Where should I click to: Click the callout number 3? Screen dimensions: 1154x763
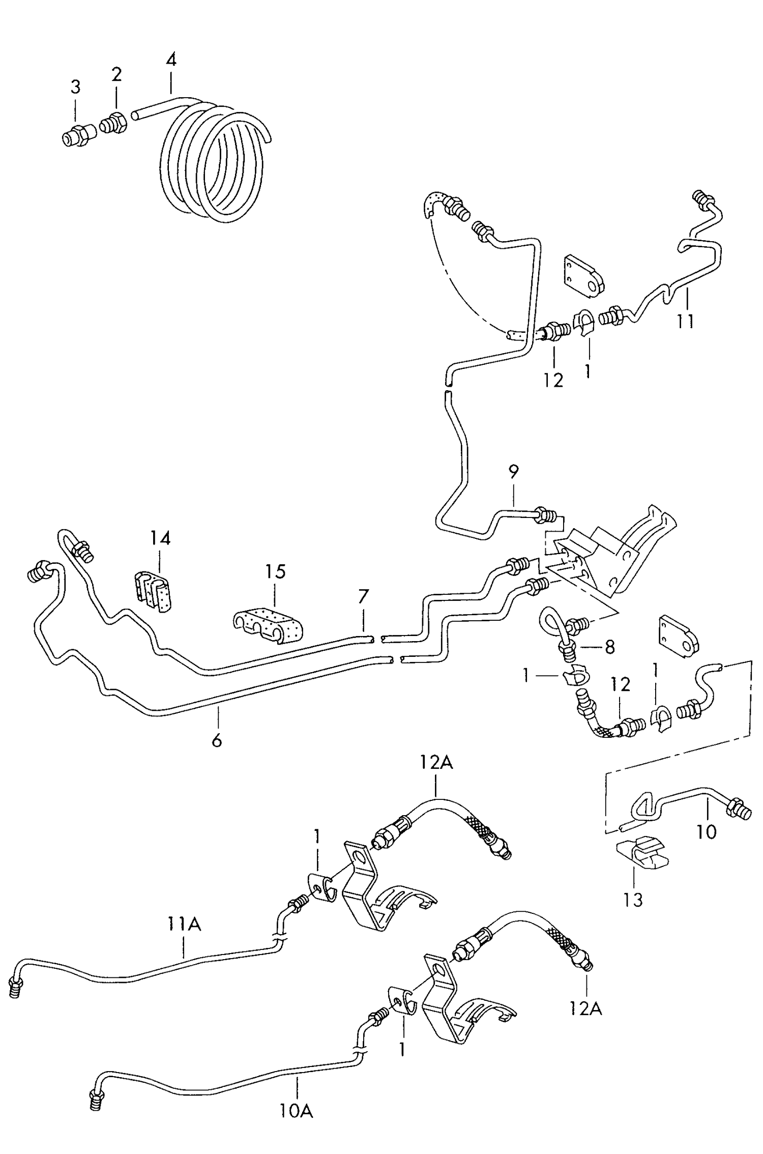tap(75, 88)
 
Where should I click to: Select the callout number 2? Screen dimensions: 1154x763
tap(116, 75)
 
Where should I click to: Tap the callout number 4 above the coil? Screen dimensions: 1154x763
tap(171, 60)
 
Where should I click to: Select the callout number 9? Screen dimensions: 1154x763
tap(513, 472)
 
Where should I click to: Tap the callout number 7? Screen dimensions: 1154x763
tap(363, 596)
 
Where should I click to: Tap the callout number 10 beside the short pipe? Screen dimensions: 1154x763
tap(706, 831)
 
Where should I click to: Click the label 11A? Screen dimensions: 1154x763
tap(184, 924)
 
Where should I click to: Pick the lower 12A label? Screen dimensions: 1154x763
tap(585, 1008)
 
